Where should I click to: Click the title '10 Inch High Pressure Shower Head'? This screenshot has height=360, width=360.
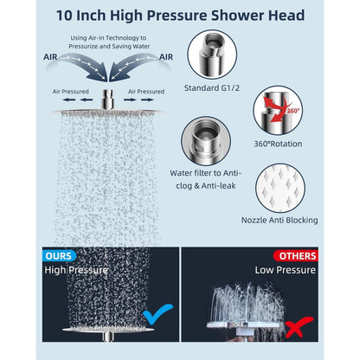pos(180,15)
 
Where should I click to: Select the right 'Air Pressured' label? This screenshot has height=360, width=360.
pos(145,91)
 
